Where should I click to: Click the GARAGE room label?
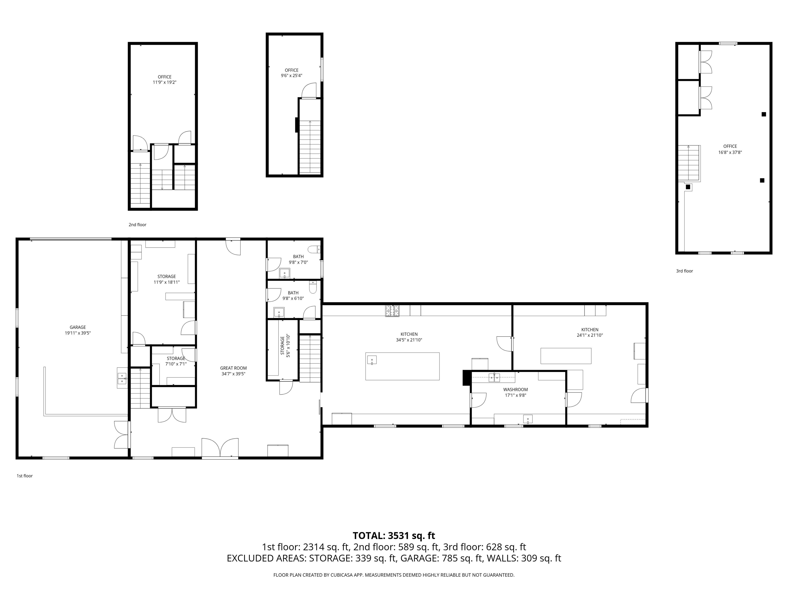coord(78,327)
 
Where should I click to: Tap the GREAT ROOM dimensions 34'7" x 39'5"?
coord(233,374)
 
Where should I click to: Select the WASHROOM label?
coord(515,389)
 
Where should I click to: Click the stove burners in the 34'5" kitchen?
coord(392,311)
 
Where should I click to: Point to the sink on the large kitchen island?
coord(372,360)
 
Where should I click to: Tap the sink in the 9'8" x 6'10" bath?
coord(279,312)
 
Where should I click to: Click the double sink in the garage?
coord(122,378)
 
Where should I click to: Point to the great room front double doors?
coord(220,448)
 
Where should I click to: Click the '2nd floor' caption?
coord(137,225)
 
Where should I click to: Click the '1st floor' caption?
coord(25,476)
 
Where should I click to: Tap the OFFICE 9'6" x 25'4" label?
coord(291,73)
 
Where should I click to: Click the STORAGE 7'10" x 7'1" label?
coord(176,361)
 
